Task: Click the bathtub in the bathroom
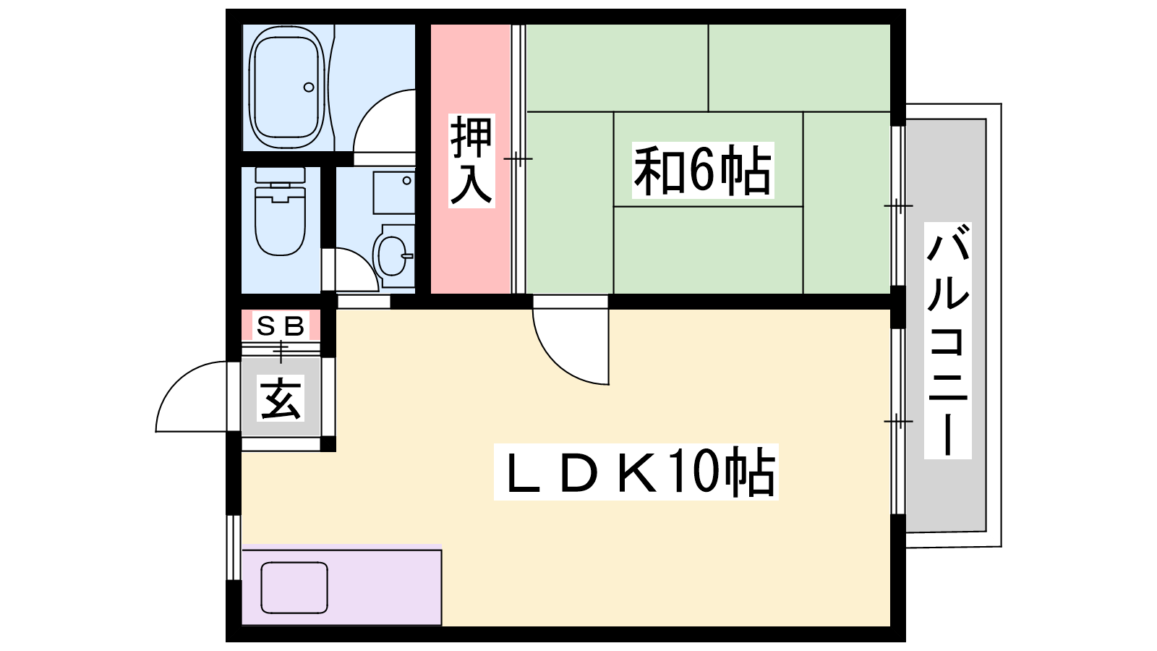tap(288, 87)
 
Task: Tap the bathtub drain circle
tap(309, 88)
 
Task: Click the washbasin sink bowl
tap(393, 255)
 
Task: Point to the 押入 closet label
tap(471, 160)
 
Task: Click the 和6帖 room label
tap(702, 170)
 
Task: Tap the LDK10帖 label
tap(636, 472)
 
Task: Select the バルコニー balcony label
tap(947, 341)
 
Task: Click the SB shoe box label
tap(281, 325)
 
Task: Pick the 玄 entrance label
tap(281, 398)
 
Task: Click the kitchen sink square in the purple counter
tap(294, 588)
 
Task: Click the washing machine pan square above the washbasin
tap(393, 192)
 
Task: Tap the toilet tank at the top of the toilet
tap(281, 175)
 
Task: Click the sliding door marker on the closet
tap(518, 158)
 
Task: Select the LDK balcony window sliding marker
tap(898, 422)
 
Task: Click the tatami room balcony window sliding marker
tap(898, 205)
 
